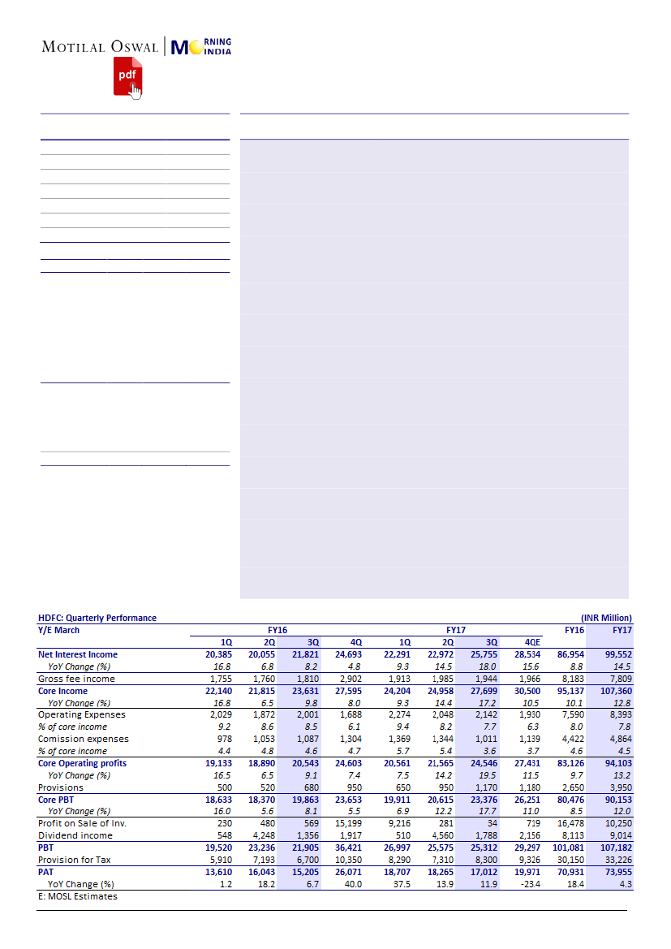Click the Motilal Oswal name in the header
pos(100,47)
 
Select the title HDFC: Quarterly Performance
pos(97,618)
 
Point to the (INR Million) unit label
pos(606,618)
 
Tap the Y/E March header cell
pos(59,630)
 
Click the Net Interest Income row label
pos(78,654)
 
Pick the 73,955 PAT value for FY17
pos(617,872)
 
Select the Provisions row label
pos(61,787)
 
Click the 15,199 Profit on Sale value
pos(347,824)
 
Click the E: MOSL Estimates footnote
pos(78,896)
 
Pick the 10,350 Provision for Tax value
pos(347,860)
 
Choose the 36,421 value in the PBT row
pos(347,848)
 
